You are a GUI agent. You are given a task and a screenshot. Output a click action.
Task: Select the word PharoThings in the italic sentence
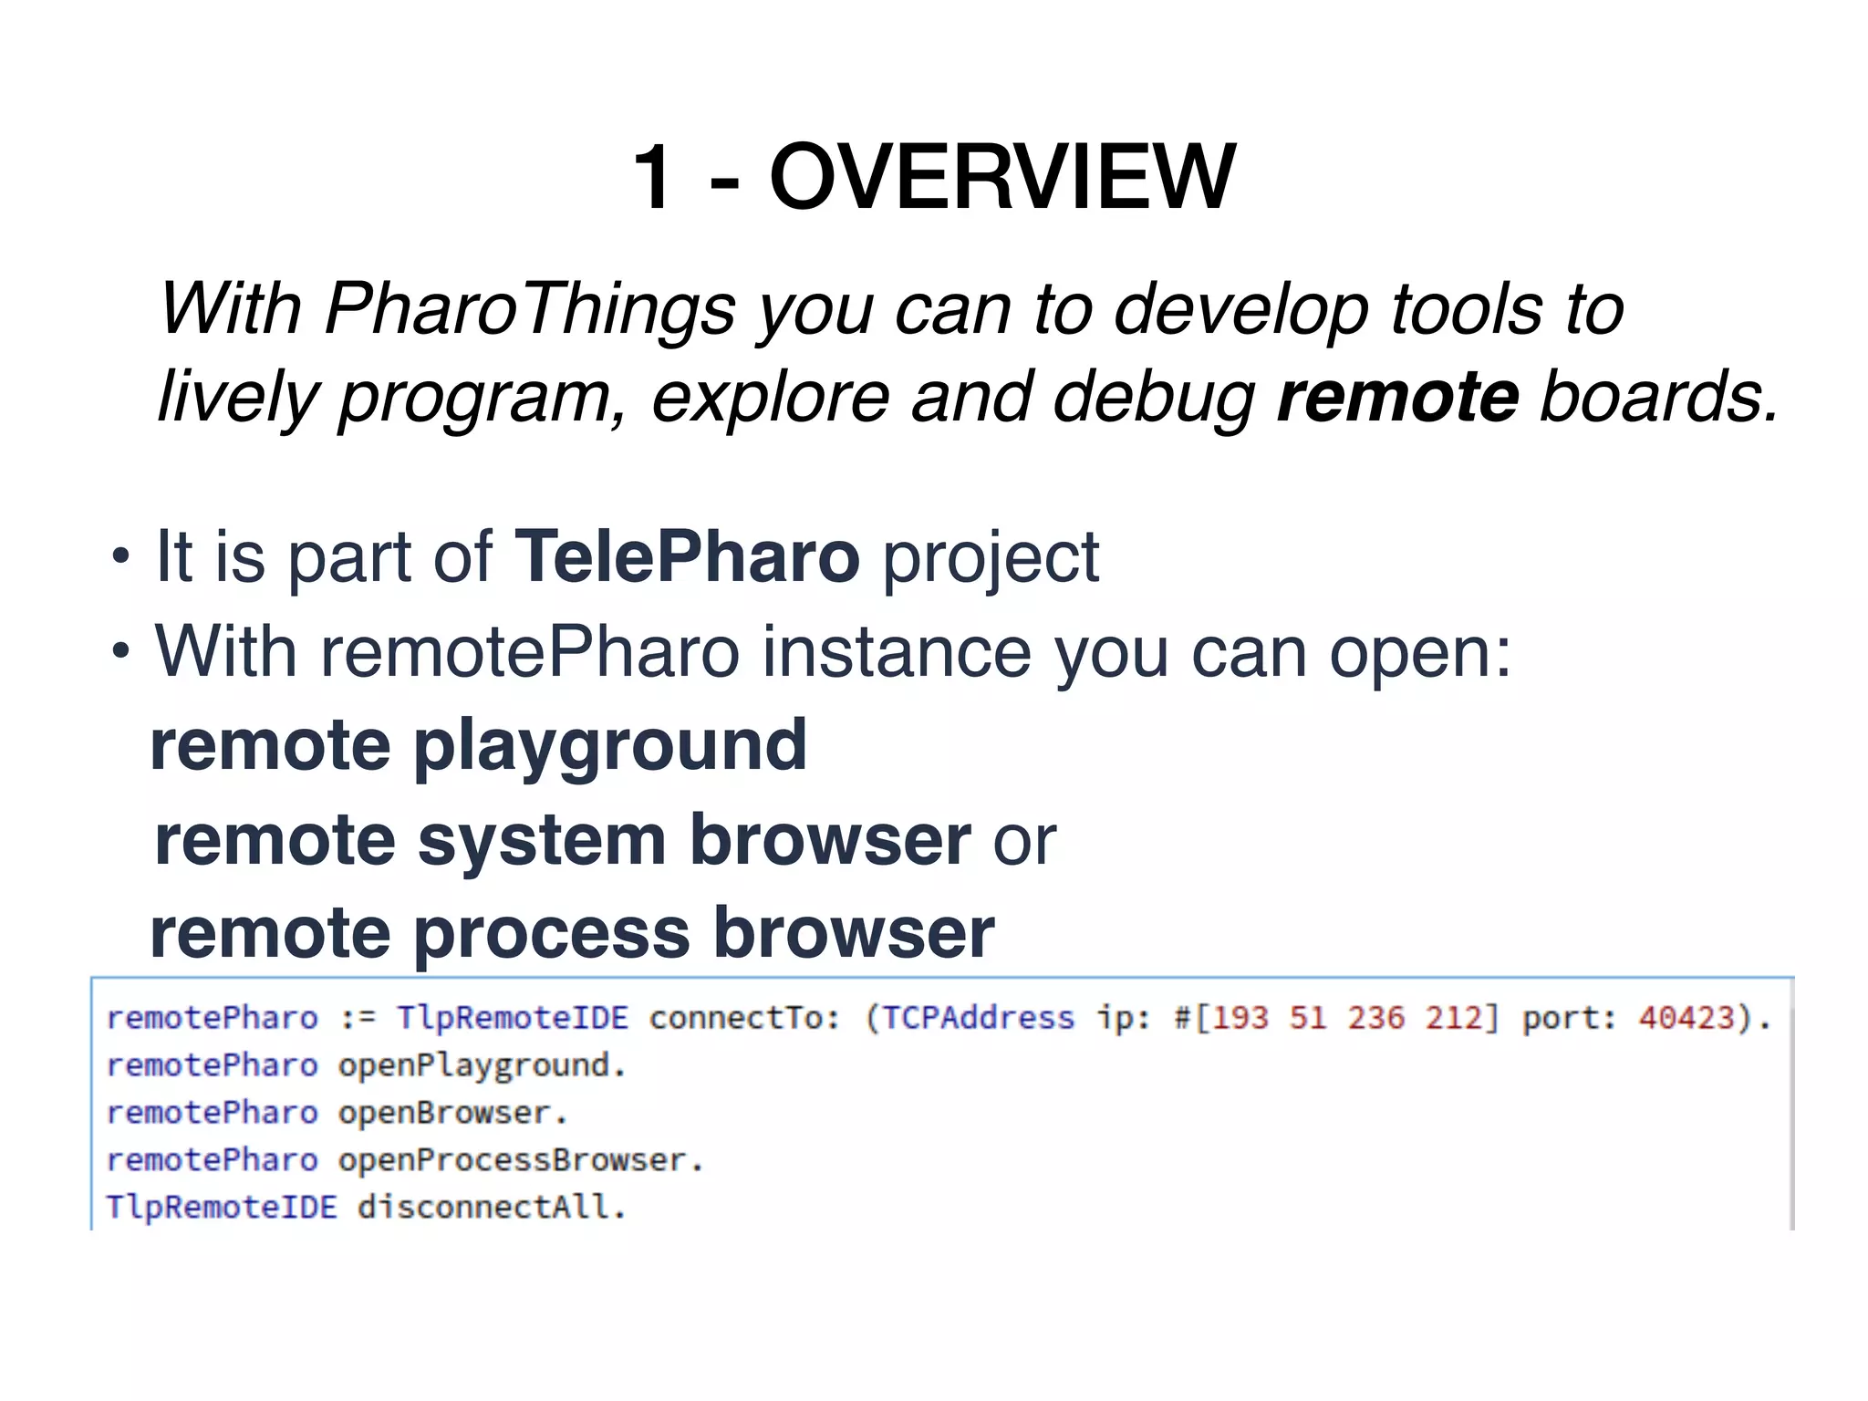point(529,308)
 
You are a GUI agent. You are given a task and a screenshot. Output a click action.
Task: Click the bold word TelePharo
point(687,556)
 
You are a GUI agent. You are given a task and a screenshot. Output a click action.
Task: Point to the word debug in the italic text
point(1154,398)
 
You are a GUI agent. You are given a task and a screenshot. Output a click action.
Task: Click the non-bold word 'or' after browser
point(1024,841)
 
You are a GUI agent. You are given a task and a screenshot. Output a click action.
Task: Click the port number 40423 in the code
point(1686,1017)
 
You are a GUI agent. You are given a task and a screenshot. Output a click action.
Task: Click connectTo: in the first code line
point(744,1017)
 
